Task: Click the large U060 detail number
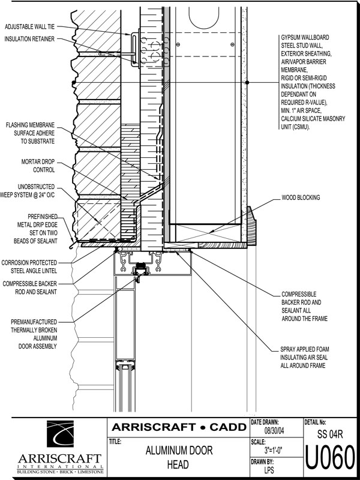pyautogui.click(x=331, y=459)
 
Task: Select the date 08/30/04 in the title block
pyautogui.click(x=275, y=431)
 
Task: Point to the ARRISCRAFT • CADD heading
pyautogui.click(x=178, y=427)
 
